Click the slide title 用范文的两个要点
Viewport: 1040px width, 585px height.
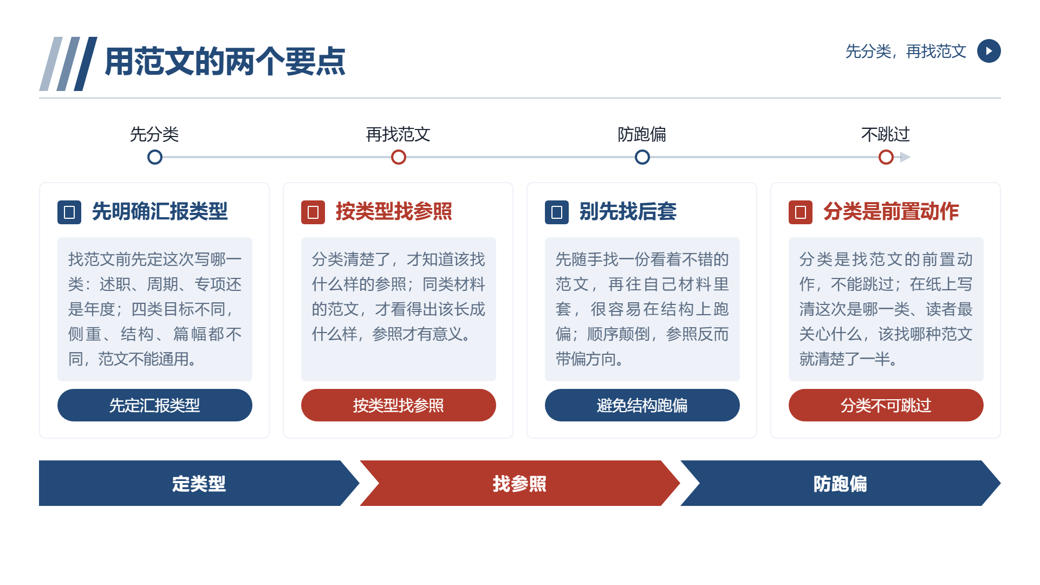coord(225,61)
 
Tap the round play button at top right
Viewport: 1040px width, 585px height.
coord(989,51)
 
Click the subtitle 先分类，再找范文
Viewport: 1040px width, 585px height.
coord(906,51)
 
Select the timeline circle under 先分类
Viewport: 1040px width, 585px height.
coord(155,157)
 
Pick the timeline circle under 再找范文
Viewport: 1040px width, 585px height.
coord(399,157)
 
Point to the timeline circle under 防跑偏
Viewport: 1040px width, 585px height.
coord(642,157)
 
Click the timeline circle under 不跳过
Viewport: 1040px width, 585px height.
coord(886,157)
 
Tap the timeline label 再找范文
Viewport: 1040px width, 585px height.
coord(398,134)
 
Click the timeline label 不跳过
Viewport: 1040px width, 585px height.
coord(886,134)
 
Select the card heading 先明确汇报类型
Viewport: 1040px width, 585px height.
coord(160,211)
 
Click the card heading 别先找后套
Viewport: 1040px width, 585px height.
coord(628,211)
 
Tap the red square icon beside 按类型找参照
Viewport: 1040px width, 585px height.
coord(313,212)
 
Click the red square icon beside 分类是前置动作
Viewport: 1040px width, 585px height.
coord(801,212)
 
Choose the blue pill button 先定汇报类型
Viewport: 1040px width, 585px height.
coord(155,405)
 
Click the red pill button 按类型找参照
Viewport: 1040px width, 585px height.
coord(399,405)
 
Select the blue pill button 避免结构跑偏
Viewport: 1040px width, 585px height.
coord(642,405)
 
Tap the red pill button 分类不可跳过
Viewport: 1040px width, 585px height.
coord(886,405)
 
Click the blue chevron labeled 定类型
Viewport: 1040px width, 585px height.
coord(198,483)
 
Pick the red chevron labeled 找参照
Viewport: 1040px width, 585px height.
coord(520,483)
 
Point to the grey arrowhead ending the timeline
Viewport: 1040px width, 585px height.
coord(905,157)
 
